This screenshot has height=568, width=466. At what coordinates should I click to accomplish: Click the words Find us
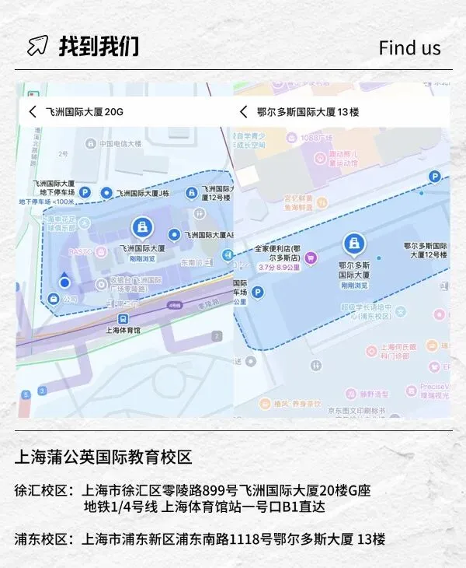point(409,47)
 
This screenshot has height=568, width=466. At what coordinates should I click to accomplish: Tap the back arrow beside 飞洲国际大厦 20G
point(32,112)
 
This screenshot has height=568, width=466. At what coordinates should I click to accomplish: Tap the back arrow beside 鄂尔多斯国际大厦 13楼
point(243,112)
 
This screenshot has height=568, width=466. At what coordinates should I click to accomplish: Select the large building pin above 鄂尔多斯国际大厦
point(353,244)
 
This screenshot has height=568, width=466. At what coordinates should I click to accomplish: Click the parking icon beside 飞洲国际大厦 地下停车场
point(85,191)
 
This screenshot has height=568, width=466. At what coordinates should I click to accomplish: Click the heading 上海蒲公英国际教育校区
point(103,458)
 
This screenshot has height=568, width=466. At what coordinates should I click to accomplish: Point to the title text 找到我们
point(99,46)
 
